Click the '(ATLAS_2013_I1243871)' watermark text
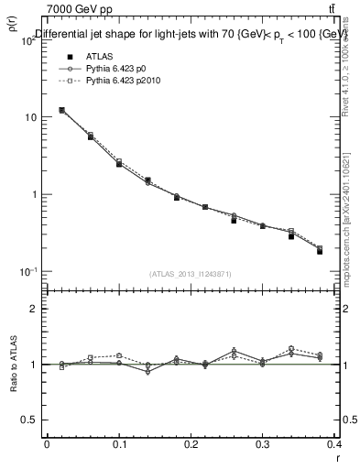pyautogui.click(x=191, y=274)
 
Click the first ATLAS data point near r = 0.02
pyautogui.click(x=61, y=110)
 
